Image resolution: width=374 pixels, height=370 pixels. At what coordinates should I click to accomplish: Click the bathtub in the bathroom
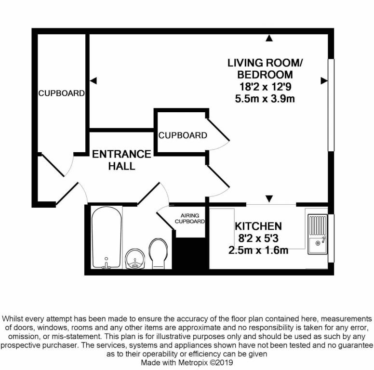click(x=107, y=238)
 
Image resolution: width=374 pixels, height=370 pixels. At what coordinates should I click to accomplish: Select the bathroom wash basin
click(x=134, y=261)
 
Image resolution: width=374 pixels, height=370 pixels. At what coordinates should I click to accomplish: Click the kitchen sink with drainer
click(x=317, y=236)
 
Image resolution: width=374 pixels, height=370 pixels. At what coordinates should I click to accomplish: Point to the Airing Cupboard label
click(x=190, y=219)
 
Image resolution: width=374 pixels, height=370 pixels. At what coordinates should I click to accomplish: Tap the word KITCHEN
click(x=258, y=226)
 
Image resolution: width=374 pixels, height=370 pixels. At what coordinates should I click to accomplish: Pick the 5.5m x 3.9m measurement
click(x=265, y=99)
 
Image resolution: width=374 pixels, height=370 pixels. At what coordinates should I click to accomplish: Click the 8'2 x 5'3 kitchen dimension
click(x=258, y=238)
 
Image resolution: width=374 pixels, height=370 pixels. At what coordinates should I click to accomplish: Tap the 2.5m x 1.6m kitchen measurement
click(x=258, y=250)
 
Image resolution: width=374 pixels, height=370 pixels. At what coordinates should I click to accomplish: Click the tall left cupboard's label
click(x=62, y=93)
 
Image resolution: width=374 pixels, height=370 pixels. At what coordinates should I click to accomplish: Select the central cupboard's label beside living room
click(x=183, y=135)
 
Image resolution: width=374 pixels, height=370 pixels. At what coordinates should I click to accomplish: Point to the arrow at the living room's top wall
click(x=269, y=38)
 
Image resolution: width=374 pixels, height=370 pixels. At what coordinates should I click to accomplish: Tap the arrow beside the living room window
click(x=323, y=81)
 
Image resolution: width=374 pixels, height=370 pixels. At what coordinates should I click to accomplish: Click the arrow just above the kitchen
click(x=269, y=198)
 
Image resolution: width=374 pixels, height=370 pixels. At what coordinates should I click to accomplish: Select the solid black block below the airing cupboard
click(x=190, y=255)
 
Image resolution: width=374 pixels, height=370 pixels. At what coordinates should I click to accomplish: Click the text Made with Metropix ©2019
click(x=187, y=361)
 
